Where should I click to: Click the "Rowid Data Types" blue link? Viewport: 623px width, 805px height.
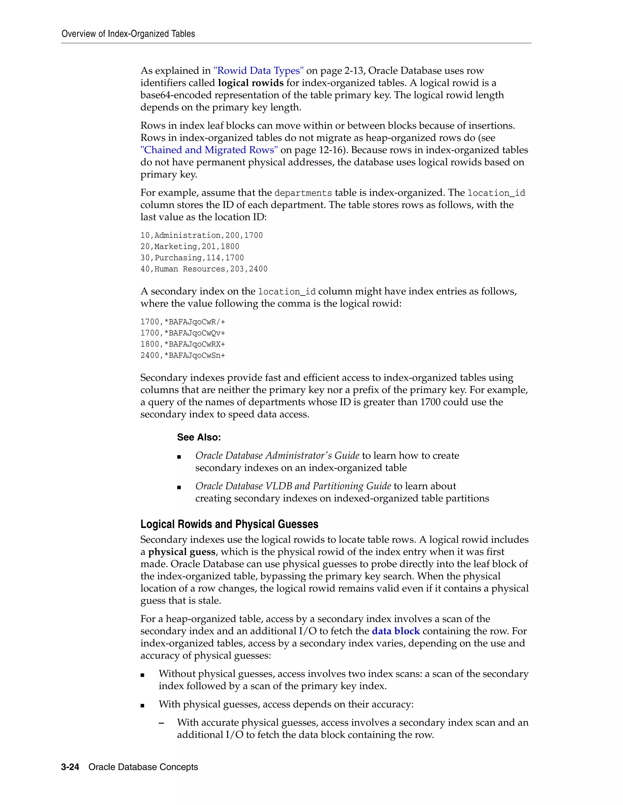(258, 71)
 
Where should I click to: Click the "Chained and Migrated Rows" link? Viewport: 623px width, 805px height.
(209, 150)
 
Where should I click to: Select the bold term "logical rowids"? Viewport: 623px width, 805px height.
(251, 83)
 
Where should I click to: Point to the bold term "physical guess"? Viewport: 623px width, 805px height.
(182, 552)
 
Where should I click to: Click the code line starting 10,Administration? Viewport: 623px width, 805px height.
(201, 235)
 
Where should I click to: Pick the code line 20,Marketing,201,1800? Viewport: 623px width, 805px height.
(190, 247)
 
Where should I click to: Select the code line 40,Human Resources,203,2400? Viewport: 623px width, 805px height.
(204, 269)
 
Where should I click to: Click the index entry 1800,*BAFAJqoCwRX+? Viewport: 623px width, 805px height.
(183, 344)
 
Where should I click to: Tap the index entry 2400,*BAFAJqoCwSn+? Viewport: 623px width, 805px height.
(183, 356)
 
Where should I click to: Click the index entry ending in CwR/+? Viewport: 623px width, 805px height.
(183, 322)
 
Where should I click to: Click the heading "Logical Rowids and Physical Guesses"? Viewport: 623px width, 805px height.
(229, 524)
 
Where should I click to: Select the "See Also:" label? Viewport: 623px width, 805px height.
(199, 437)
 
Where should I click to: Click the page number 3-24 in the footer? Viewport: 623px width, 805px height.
(70, 767)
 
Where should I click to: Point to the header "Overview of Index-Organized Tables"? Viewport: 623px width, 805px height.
(128, 34)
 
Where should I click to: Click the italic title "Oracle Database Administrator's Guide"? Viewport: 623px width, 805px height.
(277, 456)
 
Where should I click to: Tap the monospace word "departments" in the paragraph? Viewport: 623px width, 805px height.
(303, 193)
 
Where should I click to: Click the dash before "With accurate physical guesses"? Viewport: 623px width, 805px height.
(161, 723)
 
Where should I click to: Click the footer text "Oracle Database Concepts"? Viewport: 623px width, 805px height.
(143, 767)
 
